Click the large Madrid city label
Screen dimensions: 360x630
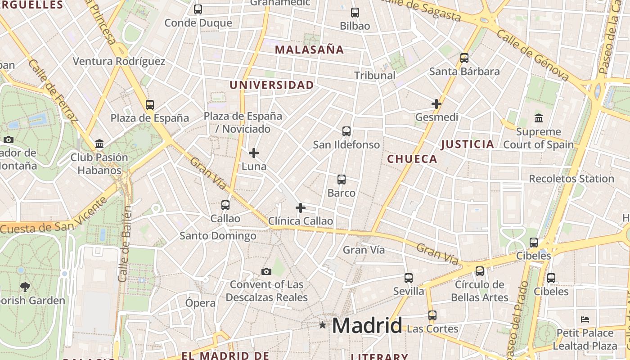coord(367,325)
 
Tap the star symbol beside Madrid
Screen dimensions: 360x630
coord(322,325)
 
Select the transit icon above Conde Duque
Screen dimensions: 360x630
coord(198,9)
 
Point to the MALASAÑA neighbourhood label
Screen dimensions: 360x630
coord(309,50)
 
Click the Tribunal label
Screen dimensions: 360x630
coord(374,76)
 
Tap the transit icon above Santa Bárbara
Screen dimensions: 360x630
coord(464,58)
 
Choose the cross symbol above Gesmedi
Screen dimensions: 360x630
coord(436,104)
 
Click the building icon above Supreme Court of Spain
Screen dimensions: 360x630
coord(538,118)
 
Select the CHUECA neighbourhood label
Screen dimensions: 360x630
coord(412,159)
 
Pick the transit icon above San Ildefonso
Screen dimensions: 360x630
coord(346,131)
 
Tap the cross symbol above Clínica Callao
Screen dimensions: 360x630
coord(300,208)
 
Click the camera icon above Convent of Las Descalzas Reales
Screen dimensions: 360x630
coord(266,271)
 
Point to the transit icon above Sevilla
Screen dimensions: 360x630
coord(408,278)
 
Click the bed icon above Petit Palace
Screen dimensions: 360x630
coord(585,319)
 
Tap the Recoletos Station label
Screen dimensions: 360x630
coord(571,179)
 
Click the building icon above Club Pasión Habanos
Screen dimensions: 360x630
coord(99,144)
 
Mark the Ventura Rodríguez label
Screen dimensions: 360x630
coord(119,62)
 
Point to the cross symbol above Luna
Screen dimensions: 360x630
coord(254,153)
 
